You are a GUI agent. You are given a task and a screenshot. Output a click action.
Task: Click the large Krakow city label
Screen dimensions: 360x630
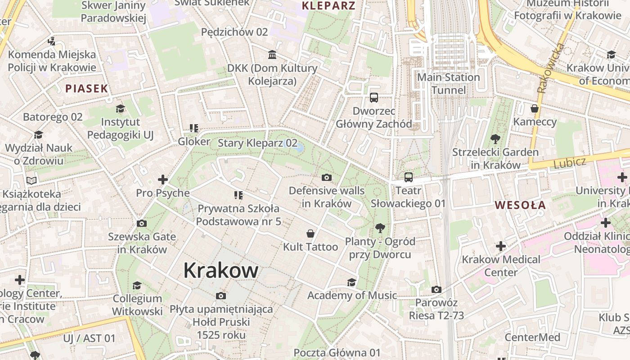coord(220,270)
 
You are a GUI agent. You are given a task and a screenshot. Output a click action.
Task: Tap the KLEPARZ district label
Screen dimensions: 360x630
coord(328,6)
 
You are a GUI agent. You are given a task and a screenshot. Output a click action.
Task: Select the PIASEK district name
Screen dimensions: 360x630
coord(87,88)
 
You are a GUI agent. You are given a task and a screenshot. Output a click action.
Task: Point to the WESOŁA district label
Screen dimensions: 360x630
coord(520,205)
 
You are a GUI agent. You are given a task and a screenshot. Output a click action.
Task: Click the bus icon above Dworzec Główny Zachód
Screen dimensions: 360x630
coord(373,97)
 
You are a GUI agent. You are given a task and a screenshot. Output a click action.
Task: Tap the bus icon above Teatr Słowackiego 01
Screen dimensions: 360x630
coord(408,177)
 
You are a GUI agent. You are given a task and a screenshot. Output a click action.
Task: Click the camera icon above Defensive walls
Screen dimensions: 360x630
coord(327,177)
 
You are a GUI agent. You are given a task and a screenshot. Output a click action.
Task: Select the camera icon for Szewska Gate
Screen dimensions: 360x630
coord(141,224)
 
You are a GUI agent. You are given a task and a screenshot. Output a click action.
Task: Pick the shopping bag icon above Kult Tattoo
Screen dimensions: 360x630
coord(310,234)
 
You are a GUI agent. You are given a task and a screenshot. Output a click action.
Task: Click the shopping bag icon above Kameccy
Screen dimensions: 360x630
coord(534,108)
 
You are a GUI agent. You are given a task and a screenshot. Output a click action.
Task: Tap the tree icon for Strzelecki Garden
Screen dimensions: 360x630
coord(495,139)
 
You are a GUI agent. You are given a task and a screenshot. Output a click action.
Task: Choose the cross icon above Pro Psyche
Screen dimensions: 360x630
coord(162,180)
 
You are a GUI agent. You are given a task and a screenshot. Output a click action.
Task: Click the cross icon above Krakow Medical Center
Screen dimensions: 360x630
coord(500,246)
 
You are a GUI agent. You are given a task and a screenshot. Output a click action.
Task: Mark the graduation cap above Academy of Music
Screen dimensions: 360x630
coord(351,282)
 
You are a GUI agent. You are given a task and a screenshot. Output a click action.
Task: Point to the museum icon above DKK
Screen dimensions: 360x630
coord(272,55)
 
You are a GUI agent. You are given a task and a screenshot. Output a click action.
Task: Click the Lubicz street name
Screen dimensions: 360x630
coord(570,162)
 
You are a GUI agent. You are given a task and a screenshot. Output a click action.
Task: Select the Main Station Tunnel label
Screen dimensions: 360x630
coord(449,84)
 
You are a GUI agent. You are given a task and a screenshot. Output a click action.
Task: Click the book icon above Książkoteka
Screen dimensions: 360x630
coord(31,181)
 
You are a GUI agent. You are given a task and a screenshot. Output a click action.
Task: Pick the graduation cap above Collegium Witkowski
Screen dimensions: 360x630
coord(137,285)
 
